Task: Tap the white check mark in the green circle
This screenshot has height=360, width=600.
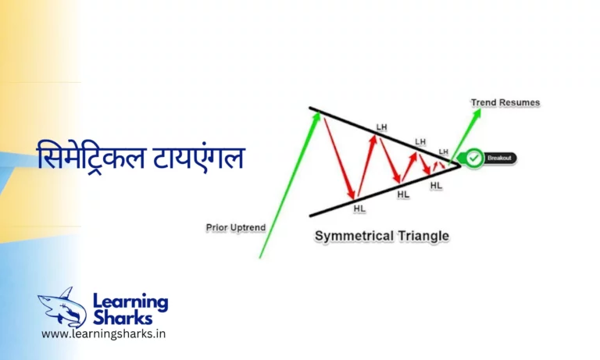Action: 473,158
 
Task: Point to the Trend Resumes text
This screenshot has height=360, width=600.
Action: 505,102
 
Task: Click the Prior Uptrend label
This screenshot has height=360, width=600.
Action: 235,228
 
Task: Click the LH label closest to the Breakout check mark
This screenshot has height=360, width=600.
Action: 444,151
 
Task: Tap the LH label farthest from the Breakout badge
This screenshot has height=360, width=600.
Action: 381,127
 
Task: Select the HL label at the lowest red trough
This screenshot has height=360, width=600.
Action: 359,209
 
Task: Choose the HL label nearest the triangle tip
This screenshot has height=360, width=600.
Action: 436,185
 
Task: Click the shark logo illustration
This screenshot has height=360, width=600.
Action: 62,306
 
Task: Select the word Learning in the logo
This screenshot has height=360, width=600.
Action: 130,301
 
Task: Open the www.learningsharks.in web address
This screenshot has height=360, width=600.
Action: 103,334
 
